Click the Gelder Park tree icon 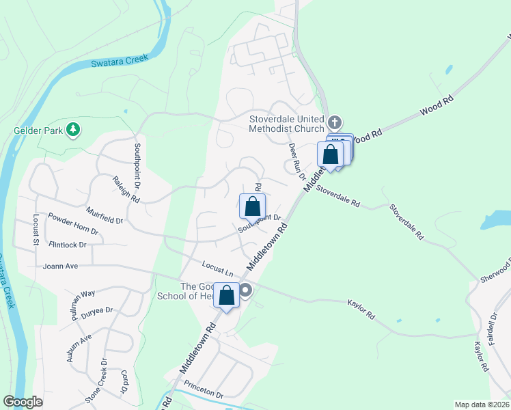(x=72, y=129)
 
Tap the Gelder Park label (x=38, y=129)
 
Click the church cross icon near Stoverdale (x=334, y=123)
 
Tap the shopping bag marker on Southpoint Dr (x=252, y=206)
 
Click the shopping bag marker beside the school (x=227, y=295)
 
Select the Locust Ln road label (x=218, y=269)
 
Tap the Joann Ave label (x=61, y=266)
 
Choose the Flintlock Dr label (x=68, y=244)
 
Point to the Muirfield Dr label (x=105, y=215)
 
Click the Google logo (x=23, y=402)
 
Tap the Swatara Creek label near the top (x=120, y=62)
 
